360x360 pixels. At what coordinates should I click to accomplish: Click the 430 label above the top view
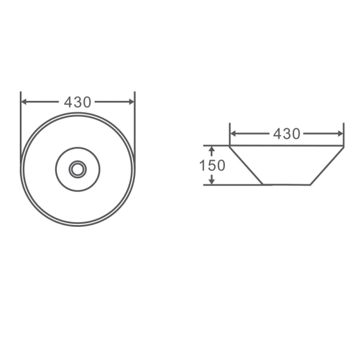coord(77,102)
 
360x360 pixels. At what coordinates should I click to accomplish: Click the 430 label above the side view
coord(287,134)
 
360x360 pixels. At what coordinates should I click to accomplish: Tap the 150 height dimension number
coord(212,166)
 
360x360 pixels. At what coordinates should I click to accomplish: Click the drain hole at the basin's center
coord(77,169)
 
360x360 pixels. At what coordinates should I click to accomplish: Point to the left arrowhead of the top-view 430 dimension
coord(23,102)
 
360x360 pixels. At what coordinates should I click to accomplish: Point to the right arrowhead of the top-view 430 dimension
coord(131,102)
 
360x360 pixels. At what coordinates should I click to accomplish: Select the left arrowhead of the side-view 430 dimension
coord(233,133)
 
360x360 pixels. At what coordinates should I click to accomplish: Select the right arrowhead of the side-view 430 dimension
coord(340,133)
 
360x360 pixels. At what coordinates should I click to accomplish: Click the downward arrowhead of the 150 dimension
coord(212,181)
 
